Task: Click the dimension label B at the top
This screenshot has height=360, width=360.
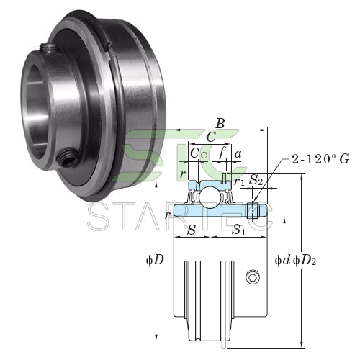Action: [220, 124]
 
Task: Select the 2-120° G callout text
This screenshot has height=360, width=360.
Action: [320, 159]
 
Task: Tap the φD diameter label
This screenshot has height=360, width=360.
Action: [155, 260]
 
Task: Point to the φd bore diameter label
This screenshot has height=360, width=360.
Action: [282, 260]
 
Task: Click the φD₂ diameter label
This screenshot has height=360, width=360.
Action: [305, 261]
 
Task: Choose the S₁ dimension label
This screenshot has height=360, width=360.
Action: [238, 230]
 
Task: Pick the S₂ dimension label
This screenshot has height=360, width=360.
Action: [256, 180]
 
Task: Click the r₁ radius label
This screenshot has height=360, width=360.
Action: [239, 182]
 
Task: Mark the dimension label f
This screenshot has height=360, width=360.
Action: [222, 153]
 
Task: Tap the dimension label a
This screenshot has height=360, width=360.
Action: [238, 154]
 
